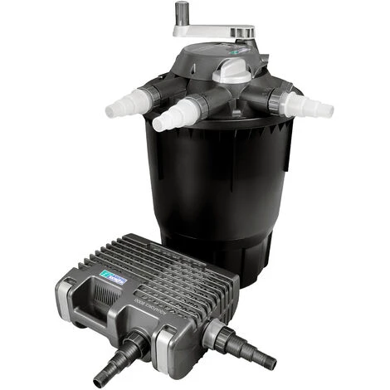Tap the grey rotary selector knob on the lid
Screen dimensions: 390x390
[x=229, y=71]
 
